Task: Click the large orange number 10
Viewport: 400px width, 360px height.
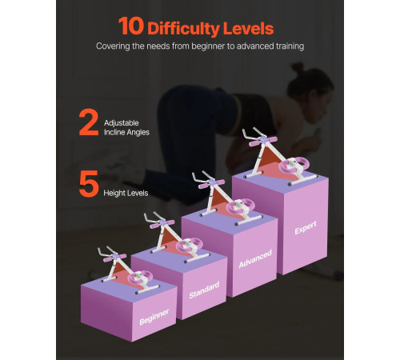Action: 131,26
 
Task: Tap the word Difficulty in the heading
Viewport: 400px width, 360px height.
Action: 183,29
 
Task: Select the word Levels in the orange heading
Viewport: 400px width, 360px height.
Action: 248,28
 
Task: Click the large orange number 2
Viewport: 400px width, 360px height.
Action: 89,122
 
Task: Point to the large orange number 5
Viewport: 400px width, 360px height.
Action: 89,184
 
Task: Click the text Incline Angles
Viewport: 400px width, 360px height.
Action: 126,132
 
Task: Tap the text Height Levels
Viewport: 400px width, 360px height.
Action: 126,193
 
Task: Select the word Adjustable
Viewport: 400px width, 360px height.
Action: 122,123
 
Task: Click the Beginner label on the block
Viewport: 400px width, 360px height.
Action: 154,317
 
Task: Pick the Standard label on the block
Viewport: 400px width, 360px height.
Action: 204,290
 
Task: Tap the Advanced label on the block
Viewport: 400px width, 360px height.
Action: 255,258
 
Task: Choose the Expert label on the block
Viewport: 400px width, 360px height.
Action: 306,227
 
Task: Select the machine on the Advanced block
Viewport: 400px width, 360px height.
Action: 226,198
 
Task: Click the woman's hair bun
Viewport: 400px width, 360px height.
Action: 298,68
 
